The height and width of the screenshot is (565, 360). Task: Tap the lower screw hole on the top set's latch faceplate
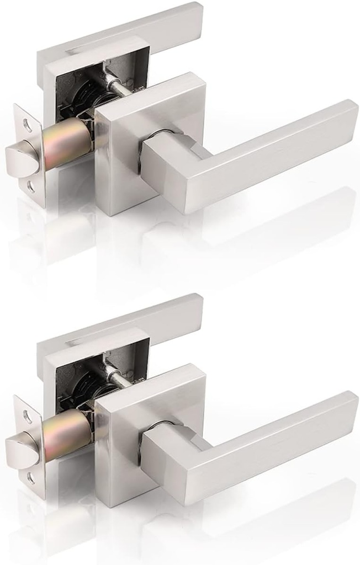(30, 186)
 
